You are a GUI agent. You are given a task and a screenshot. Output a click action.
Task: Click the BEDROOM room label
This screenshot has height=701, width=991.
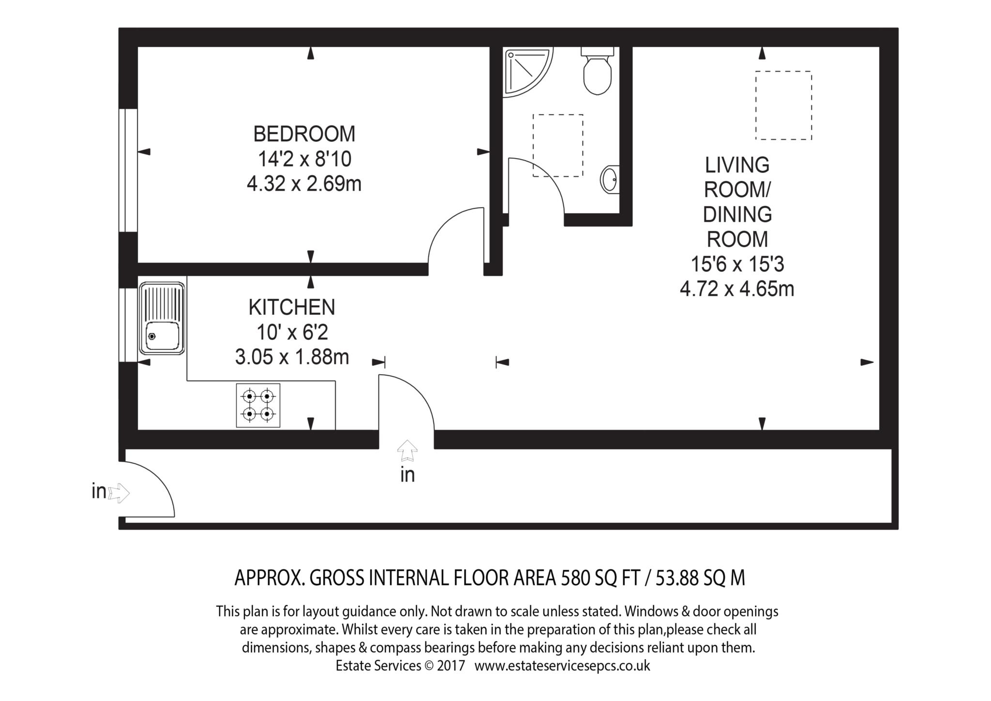click(304, 134)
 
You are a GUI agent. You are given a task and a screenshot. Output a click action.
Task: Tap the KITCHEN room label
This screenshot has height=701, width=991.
click(292, 307)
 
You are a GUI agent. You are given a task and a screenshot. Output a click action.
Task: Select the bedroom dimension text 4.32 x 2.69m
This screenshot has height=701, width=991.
click(304, 184)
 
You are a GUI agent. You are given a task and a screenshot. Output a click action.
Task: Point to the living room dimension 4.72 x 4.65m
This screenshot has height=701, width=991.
click(737, 289)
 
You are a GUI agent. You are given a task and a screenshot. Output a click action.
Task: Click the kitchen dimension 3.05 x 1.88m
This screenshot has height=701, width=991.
click(292, 357)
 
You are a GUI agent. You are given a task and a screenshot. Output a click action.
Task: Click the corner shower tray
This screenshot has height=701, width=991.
click(527, 72)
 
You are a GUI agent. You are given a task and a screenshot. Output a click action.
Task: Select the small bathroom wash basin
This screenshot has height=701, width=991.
click(610, 180)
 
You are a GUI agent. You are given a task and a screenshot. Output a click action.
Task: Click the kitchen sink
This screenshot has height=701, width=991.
click(162, 319)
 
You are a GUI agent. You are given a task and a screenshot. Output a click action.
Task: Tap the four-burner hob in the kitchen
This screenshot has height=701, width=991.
click(258, 405)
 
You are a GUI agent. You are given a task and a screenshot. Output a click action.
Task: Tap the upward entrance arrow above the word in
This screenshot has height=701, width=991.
click(407, 451)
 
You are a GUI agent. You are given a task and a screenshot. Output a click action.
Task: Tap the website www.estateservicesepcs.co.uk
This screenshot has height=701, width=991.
click(562, 666)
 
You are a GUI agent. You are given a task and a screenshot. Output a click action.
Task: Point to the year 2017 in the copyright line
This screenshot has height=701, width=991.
click(450, 666)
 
